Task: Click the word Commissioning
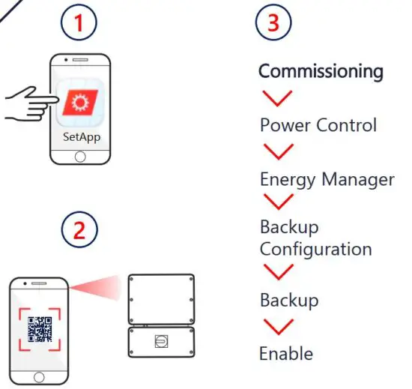click(321, 72)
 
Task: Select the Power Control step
click(318, 124)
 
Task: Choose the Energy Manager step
click(327, 179)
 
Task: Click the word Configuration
click(315, 248)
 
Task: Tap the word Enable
click(285, 352)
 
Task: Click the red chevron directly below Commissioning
click(278, 97)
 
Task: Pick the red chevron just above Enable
click(278, 326)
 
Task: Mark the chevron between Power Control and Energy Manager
click(278, 152)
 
